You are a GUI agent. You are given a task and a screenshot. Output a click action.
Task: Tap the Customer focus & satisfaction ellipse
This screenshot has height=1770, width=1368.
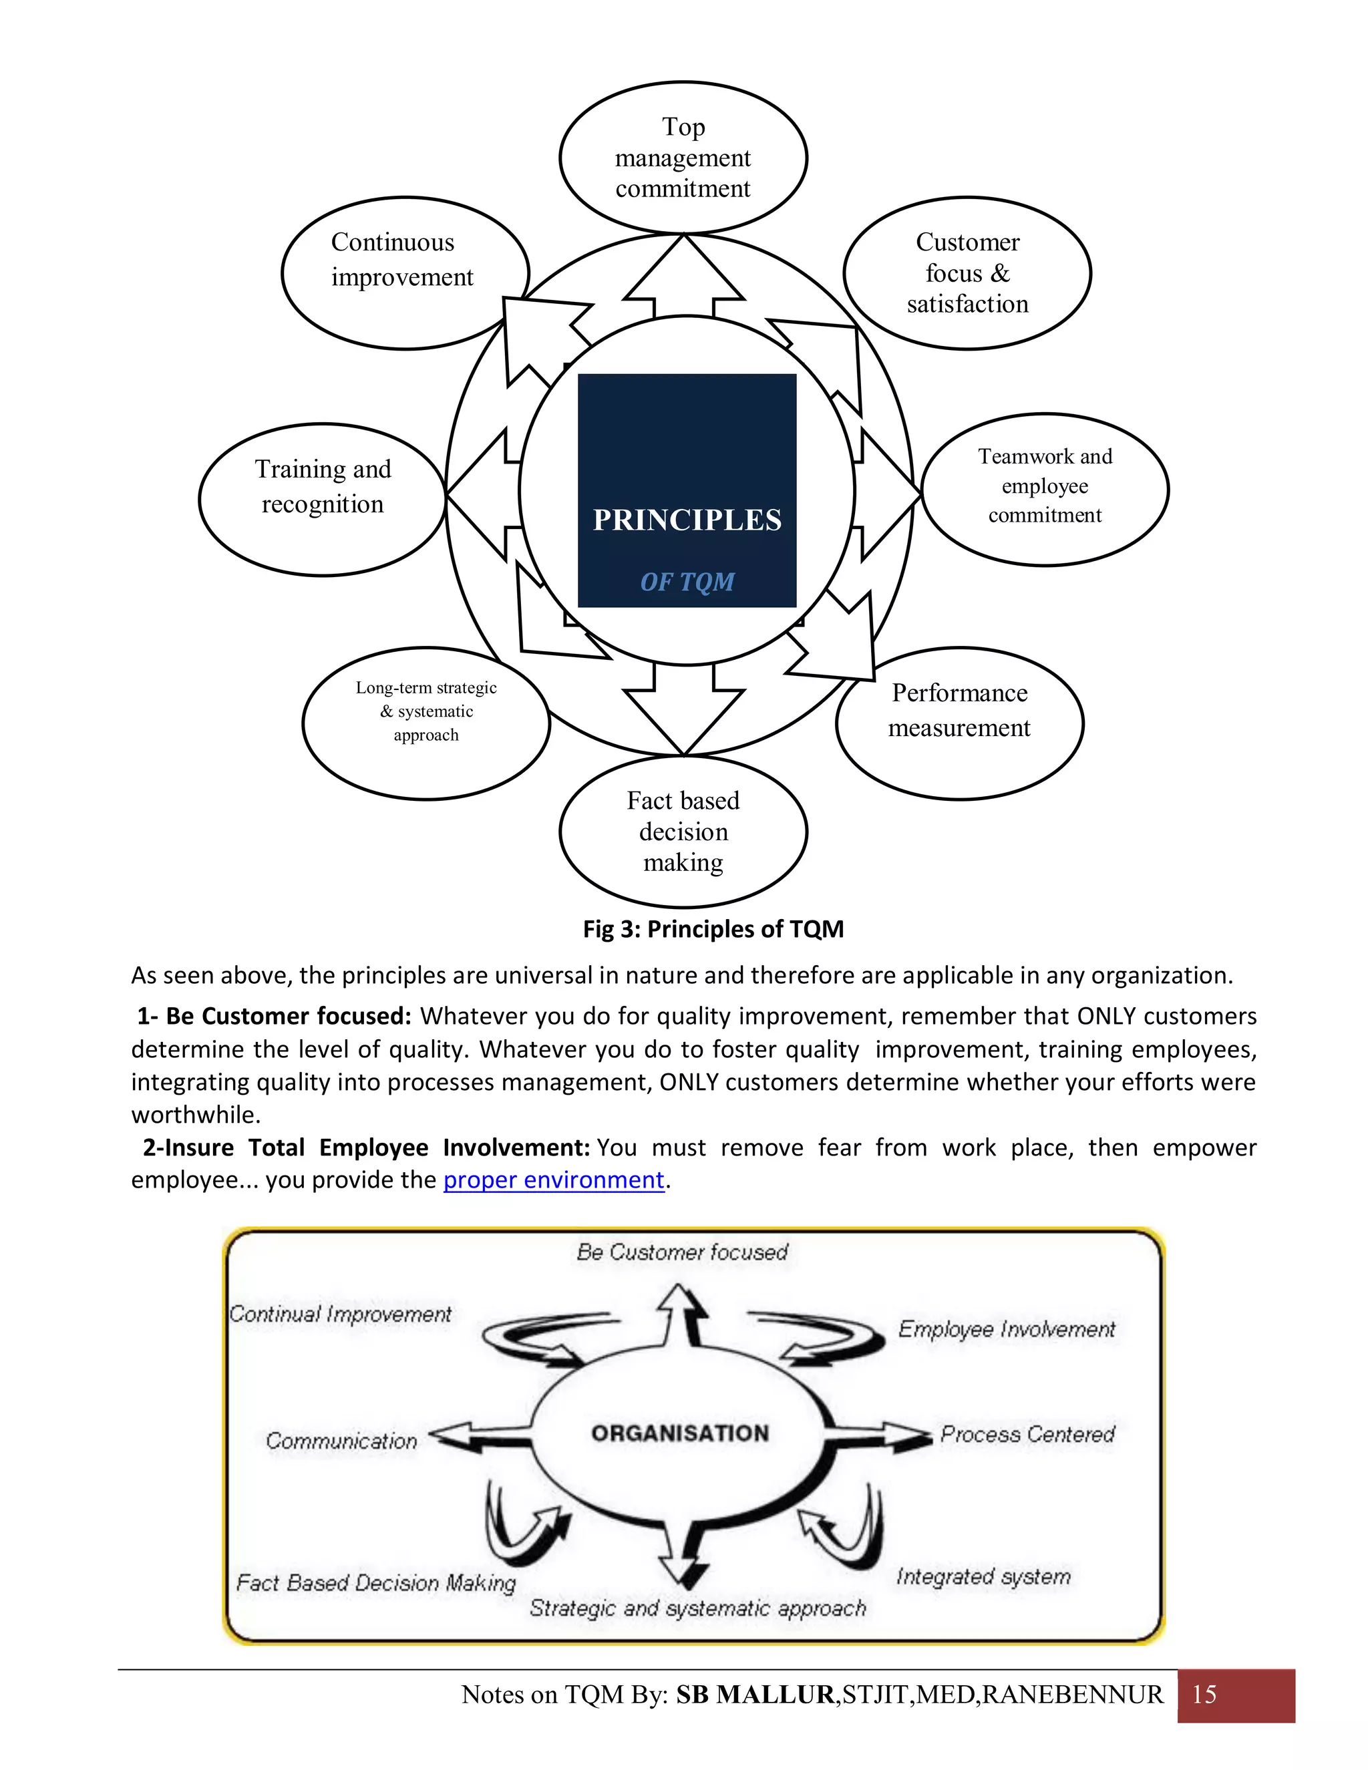point(967,273)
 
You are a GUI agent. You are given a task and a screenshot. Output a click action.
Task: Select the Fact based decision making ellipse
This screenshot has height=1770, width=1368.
point(683,832)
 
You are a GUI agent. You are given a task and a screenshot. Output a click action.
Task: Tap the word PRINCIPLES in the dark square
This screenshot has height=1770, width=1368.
point(687,520)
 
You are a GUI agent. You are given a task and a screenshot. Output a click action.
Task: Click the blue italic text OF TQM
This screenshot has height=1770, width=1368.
point(687,582)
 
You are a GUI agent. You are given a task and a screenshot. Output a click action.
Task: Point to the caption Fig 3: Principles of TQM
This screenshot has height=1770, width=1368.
point(713,929)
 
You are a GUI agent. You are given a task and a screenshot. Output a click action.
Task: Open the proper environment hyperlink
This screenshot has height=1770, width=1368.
point(554,1180)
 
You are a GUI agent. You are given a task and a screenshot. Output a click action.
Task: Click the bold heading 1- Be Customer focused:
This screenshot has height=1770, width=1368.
point(274,1017)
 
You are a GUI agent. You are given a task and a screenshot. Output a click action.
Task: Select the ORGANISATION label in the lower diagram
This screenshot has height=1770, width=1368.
point(680,1433)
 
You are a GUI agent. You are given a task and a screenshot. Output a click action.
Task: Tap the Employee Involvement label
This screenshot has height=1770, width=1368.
point(1007,1329)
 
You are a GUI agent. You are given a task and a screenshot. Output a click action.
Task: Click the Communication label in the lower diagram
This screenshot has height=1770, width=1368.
point(341,1440)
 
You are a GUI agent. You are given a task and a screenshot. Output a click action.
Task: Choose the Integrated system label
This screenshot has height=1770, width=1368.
point(983,1576)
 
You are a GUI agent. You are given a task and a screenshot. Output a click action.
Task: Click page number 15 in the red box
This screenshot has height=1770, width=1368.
point(1204,1694)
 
